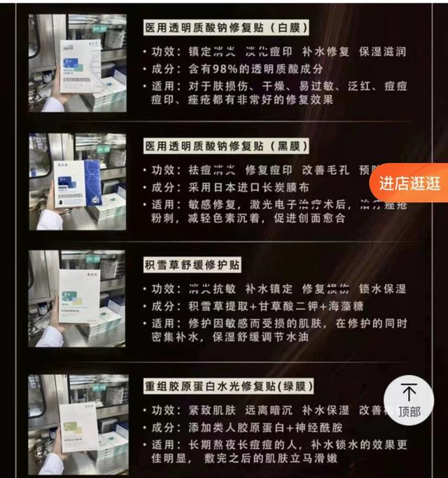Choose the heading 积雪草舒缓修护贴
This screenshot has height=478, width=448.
tap(192, 265)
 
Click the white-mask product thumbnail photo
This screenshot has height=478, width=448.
tap(77, 63)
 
